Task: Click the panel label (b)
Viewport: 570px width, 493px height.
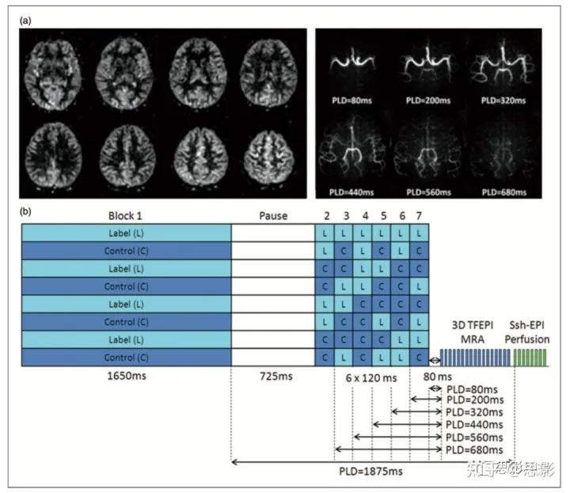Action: click(26, 211)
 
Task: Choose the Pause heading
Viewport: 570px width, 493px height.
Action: click(273, 215)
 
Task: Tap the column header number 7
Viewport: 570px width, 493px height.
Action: click(420, 215)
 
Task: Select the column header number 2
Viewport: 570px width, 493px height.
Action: click(325, 215)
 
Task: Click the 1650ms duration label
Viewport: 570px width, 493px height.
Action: click(126, 376)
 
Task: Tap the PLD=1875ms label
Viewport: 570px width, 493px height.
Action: click(372, 472)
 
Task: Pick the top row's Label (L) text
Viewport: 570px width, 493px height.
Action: click(126, 233)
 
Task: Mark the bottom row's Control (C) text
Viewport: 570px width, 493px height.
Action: click(126, 357)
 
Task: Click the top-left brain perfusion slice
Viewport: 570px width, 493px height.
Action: click(57, 70)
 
